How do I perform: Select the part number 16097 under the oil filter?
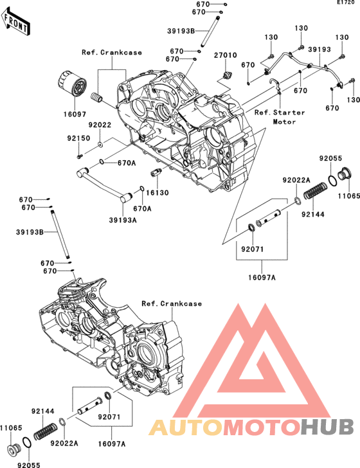75,114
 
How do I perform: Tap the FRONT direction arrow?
15,21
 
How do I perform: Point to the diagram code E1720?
346,3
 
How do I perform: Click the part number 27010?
226,55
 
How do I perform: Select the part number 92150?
78,138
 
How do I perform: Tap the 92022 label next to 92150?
100,125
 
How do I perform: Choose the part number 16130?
157,193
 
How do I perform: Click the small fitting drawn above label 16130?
156,172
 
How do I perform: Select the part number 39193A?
122,221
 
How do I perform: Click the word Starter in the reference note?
289,113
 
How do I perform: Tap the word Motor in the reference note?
284,122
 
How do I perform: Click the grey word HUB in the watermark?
327,428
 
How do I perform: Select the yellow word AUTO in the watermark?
186,428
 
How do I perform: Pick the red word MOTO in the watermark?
262,428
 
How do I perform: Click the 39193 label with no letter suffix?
319,50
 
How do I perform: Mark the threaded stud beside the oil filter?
97,97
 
